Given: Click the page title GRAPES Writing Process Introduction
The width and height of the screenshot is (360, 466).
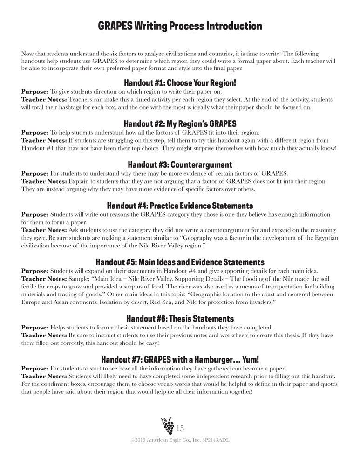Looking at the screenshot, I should (x=180, y=26).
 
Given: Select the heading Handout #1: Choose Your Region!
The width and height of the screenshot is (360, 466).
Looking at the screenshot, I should (x=180, y=83).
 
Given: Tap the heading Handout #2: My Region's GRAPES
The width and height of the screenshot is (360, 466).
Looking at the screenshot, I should (x=180, y=123).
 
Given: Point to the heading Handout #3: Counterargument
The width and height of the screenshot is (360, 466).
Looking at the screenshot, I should (x=180, y=164).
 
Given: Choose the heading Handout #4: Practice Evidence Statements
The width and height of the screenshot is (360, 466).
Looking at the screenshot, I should (x=180, y=206).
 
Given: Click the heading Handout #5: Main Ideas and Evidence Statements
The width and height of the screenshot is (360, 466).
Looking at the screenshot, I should (x=180, y=262).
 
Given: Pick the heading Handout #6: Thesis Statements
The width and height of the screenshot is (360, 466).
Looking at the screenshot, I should (x=180, y=319).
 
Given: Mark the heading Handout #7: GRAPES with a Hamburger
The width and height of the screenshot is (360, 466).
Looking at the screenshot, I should (x=180, y=360).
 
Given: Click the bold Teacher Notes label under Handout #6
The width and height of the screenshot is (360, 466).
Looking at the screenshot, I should (x=44, y=335).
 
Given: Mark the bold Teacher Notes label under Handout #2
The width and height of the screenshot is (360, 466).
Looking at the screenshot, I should (x=44, y=140).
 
